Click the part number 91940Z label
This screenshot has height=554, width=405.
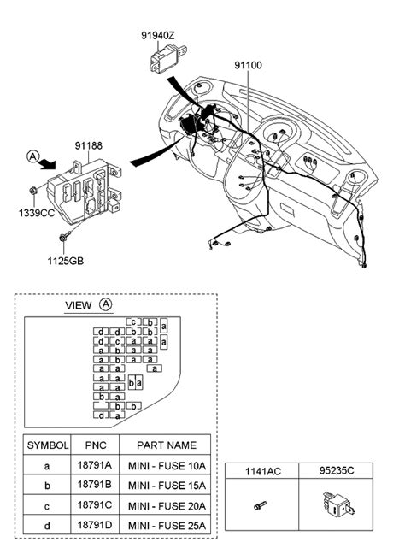(158, 36)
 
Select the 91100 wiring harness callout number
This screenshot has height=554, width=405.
(249, 65)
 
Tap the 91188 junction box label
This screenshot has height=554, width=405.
(89, 145)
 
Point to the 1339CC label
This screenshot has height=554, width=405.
(37, 213)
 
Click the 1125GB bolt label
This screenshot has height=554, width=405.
(66, 261)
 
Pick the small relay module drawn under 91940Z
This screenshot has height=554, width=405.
(167, 59)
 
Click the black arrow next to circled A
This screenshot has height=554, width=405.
(47, 163)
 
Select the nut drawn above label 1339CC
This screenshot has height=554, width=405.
(33, 191)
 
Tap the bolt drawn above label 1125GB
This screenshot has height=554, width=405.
(65, 236)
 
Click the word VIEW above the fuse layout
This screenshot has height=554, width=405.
(79, 305)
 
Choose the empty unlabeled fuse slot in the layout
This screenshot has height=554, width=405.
(101, 405)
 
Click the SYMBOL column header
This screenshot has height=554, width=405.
(48, 445)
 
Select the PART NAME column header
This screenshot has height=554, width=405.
(167, 445)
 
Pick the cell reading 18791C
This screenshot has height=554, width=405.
(95, 505)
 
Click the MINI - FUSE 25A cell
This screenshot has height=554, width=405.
(167, 526)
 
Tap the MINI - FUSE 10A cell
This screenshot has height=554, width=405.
(167, 466)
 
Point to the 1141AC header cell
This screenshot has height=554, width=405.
(263, 471)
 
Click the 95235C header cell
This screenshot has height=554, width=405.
(337, 470)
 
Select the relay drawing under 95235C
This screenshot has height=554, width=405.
(338, 504)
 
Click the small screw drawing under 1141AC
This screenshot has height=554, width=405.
(260, 505)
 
